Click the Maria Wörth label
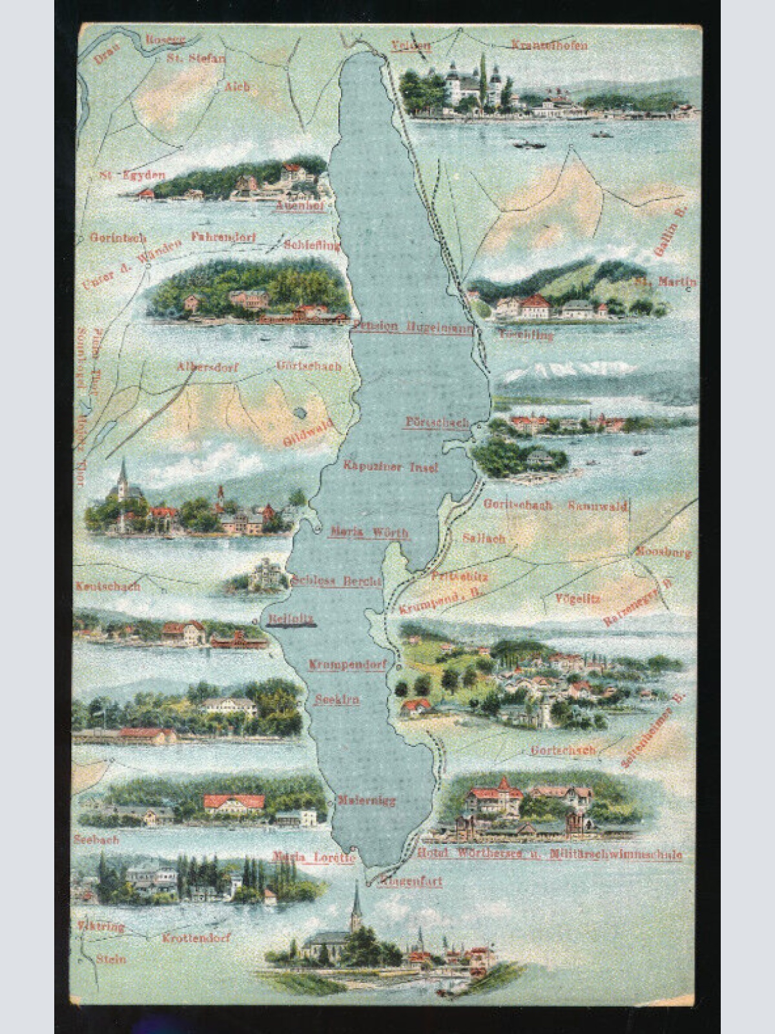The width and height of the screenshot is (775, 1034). (x=369, y=533)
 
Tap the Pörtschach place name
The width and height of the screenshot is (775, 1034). (x=436, y=422)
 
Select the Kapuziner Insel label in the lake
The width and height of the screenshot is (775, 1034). (x=390, y=466)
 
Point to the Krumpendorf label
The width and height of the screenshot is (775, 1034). (x=347, y=664)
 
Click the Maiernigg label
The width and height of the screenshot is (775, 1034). (x=366, y=801)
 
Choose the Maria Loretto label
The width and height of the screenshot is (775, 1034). (x=314, y=858)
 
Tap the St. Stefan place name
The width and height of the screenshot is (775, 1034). (x=196, y=58)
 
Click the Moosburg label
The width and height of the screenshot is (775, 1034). (x=663, y=553)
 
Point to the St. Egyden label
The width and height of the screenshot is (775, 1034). (x=132, y=175)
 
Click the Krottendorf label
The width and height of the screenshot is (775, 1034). (x=196, y=938)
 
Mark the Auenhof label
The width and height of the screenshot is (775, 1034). (x=300, y=206)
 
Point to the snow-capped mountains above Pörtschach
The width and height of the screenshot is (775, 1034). (x=568, y=370)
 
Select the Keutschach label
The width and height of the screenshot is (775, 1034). (x=108, y=587)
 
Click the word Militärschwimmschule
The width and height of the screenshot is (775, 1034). (x=615, y=854)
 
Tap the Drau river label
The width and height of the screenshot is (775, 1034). (x=107, y=54)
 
